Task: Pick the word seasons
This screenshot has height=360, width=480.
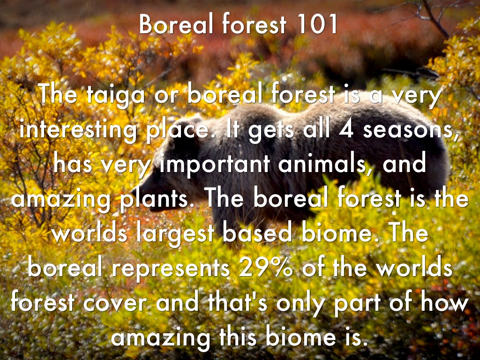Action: coord(411,130)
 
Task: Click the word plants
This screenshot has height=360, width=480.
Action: coord(155,199)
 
